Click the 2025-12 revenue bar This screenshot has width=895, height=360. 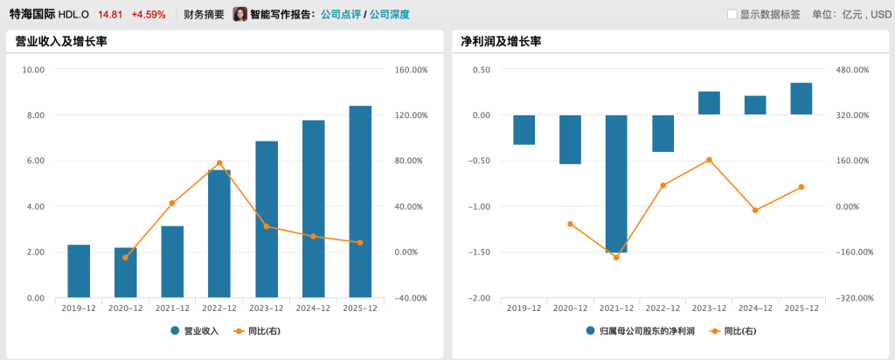coord(360,202)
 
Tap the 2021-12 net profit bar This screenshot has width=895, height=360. coord(616,183)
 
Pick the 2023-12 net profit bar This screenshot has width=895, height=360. coord(709,103)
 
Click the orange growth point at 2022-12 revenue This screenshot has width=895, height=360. coord(219,163)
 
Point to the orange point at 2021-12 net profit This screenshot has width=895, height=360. coord(616,257)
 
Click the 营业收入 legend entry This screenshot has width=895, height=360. coord(194,331)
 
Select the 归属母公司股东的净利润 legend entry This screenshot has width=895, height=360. coord(640,331)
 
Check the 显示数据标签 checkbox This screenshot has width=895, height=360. coord(732,15)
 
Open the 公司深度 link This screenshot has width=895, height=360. coord(389,15)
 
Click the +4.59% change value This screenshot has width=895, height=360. coord(148,15)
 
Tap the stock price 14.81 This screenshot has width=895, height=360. coord(110,15)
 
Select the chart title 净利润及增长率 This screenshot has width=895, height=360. coord(501,41)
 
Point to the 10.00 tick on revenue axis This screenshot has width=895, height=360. coord(33,70)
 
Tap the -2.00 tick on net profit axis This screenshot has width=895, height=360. coord(477,298)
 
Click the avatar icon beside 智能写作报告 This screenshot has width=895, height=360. coord(239,15)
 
